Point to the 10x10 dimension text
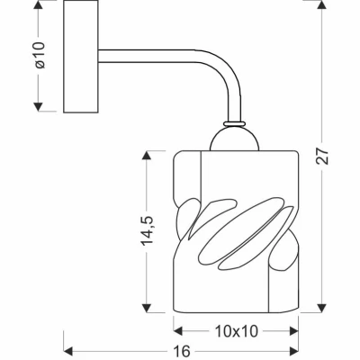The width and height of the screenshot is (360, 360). pyautogui.click(x=236, y=331)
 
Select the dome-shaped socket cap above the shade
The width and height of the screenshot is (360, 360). pyautogui.click(x=237, y=139)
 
